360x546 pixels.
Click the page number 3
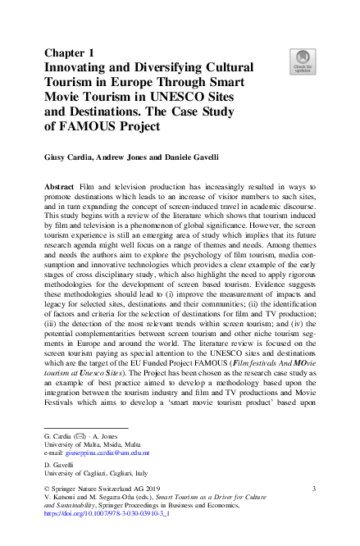(x=315, y=489)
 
